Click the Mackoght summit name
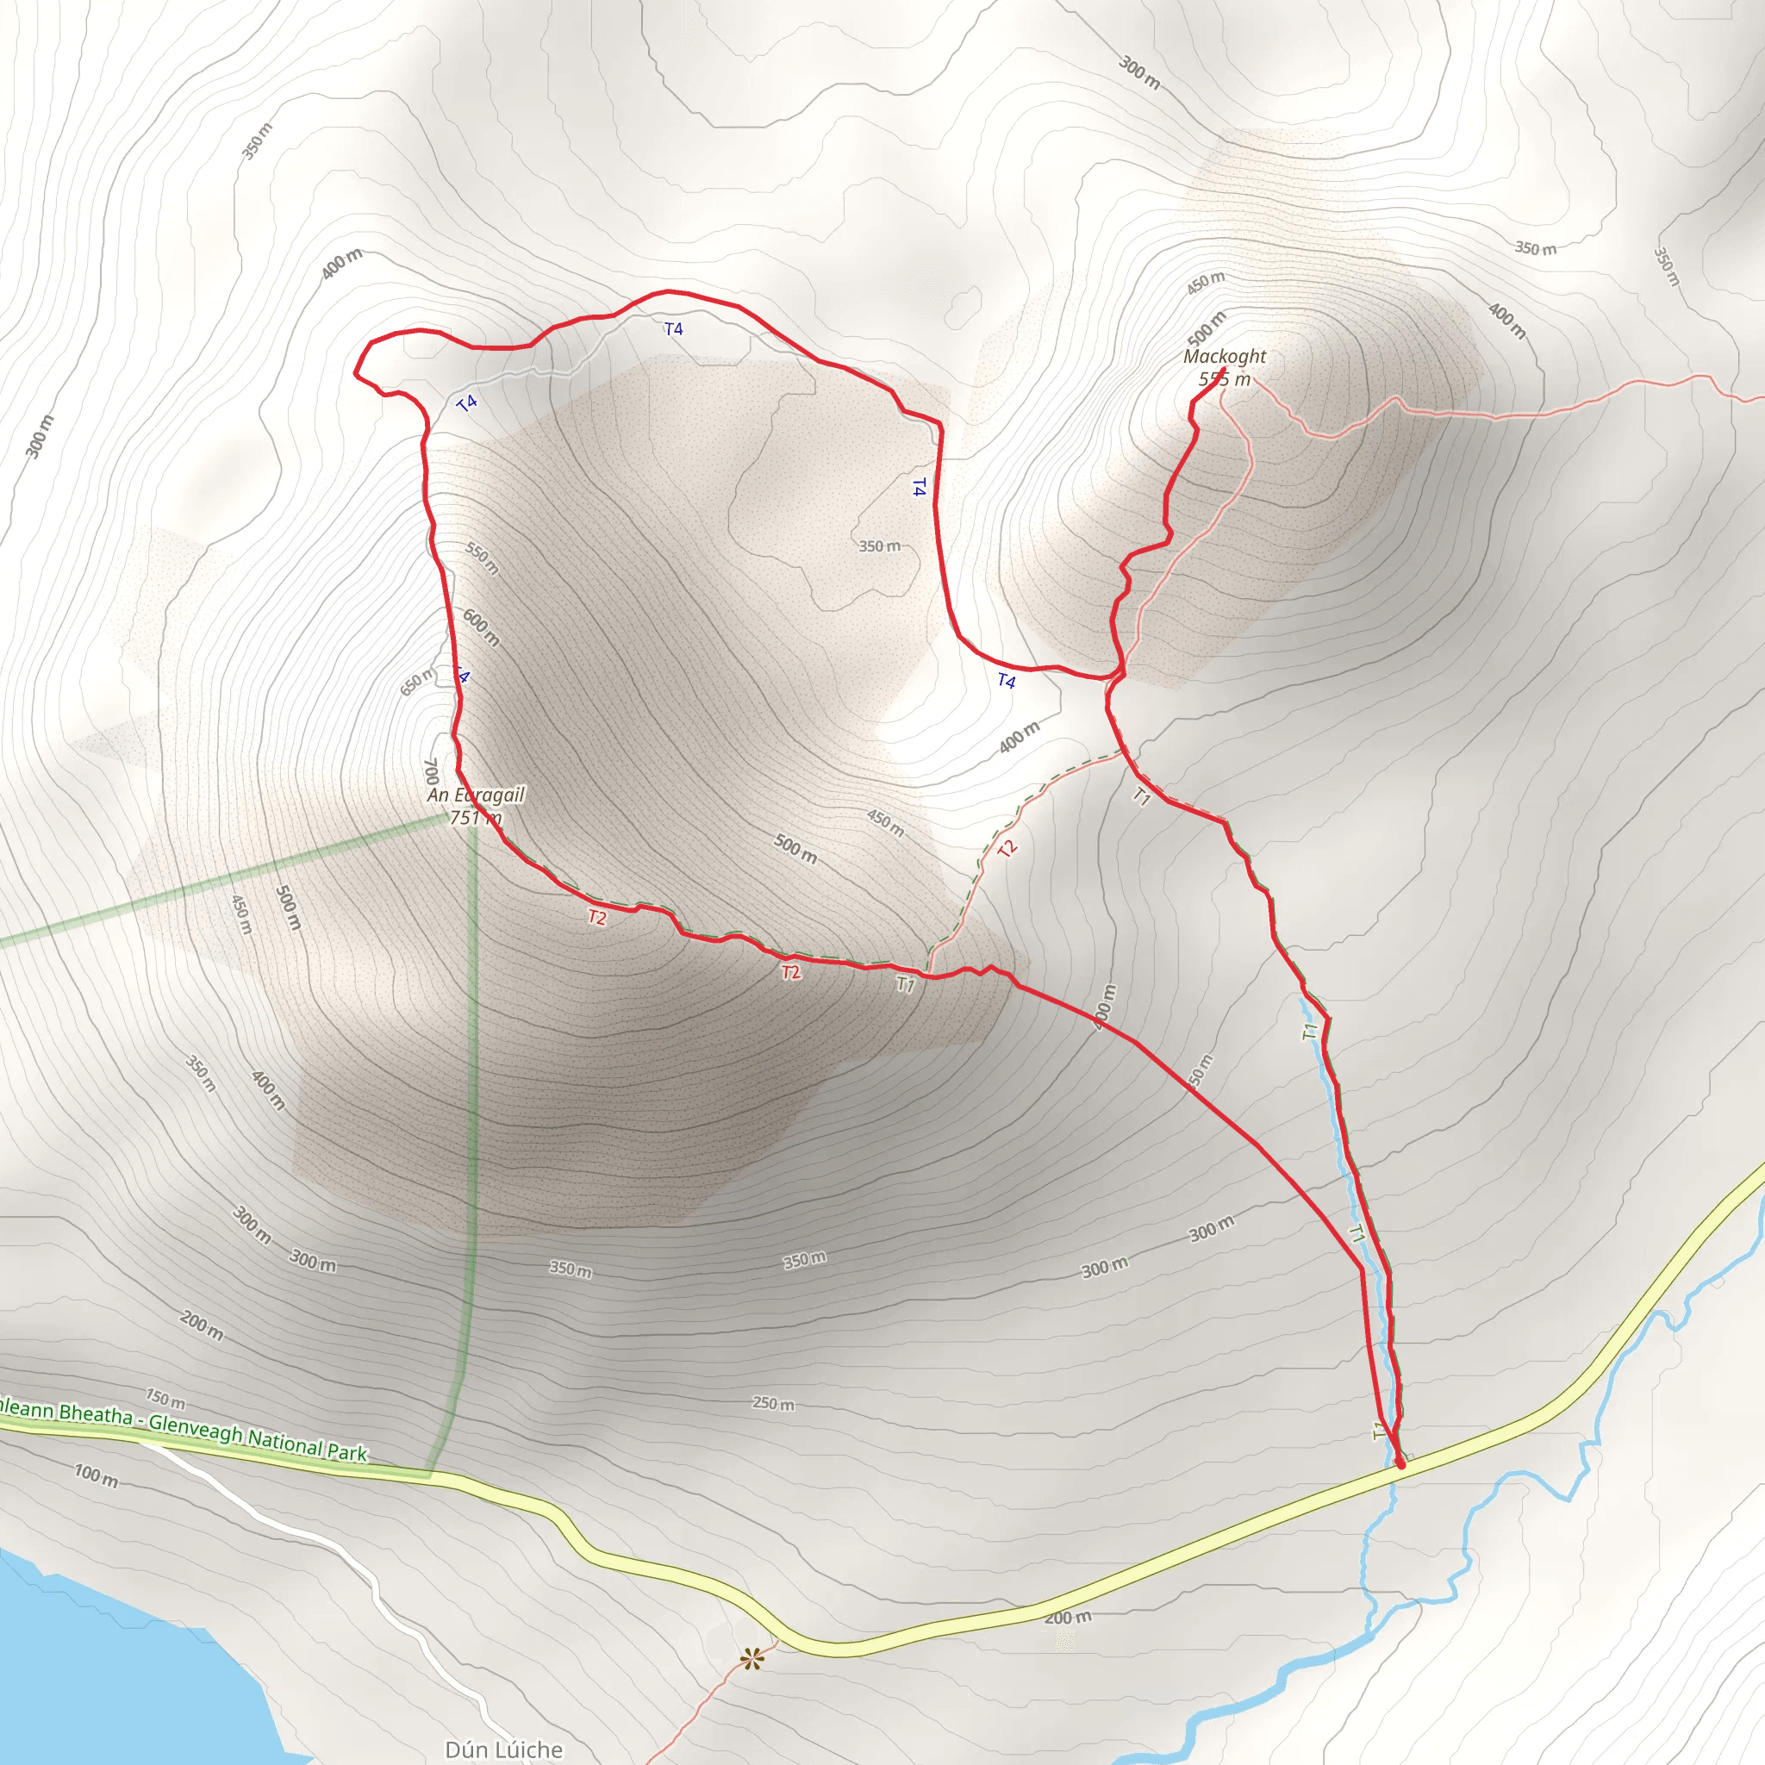click(1224, 356)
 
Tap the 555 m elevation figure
click(1224, 379)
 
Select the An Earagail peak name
click(475, 795)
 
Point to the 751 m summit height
click(475, 818)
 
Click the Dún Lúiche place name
click(503, 1749)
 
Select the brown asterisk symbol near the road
click(752, 1658)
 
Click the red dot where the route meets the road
click(1400, 1464)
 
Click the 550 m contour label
click(483, 558)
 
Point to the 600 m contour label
click(481, 627)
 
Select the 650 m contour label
click(417, 682)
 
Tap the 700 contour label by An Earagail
click(431, 772)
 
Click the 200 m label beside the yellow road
click(1067, 1618)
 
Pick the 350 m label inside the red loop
click(879, 546)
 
